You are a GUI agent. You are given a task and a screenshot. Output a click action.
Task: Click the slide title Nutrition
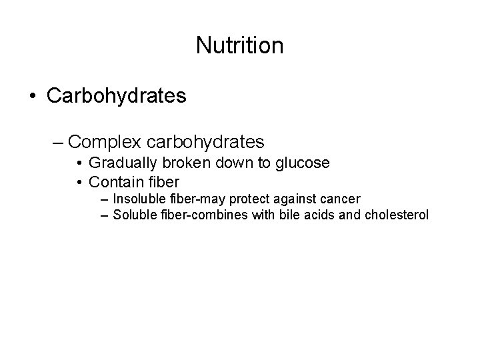coord(240,45)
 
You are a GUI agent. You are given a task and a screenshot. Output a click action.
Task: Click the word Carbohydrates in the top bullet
coord(116,96)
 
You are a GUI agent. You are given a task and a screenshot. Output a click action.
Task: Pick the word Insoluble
coord(138,199)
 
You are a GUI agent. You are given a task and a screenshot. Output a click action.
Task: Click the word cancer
coord(340,199)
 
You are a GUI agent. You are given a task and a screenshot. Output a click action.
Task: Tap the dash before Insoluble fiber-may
coord(105,199)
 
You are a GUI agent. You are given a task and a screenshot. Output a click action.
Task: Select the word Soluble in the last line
coord(134,215)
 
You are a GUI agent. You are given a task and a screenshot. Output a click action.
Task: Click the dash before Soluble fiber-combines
coord(105,215)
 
